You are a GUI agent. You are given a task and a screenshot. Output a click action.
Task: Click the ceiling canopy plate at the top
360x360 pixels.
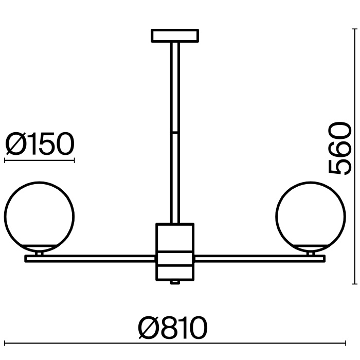click(x=175, y=35)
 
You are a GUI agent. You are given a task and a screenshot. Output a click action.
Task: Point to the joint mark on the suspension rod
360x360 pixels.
click(x=175, y=133)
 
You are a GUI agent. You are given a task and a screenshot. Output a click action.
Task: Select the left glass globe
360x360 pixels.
click(x=39, y=215)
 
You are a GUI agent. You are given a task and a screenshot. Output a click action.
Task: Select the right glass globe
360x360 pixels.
click(x=310, y=215)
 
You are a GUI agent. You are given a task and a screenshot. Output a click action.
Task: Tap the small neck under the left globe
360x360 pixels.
click(x=39, y=253)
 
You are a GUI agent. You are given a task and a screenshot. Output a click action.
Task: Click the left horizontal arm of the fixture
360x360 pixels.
click(x=90, y=258)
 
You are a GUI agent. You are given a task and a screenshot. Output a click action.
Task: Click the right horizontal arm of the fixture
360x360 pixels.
click(x=259, y=258)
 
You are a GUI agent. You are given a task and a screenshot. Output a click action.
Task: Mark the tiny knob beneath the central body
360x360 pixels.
click(x=175, y=282)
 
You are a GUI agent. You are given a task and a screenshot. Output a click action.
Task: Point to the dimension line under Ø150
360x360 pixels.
click(x=40, y=160)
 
